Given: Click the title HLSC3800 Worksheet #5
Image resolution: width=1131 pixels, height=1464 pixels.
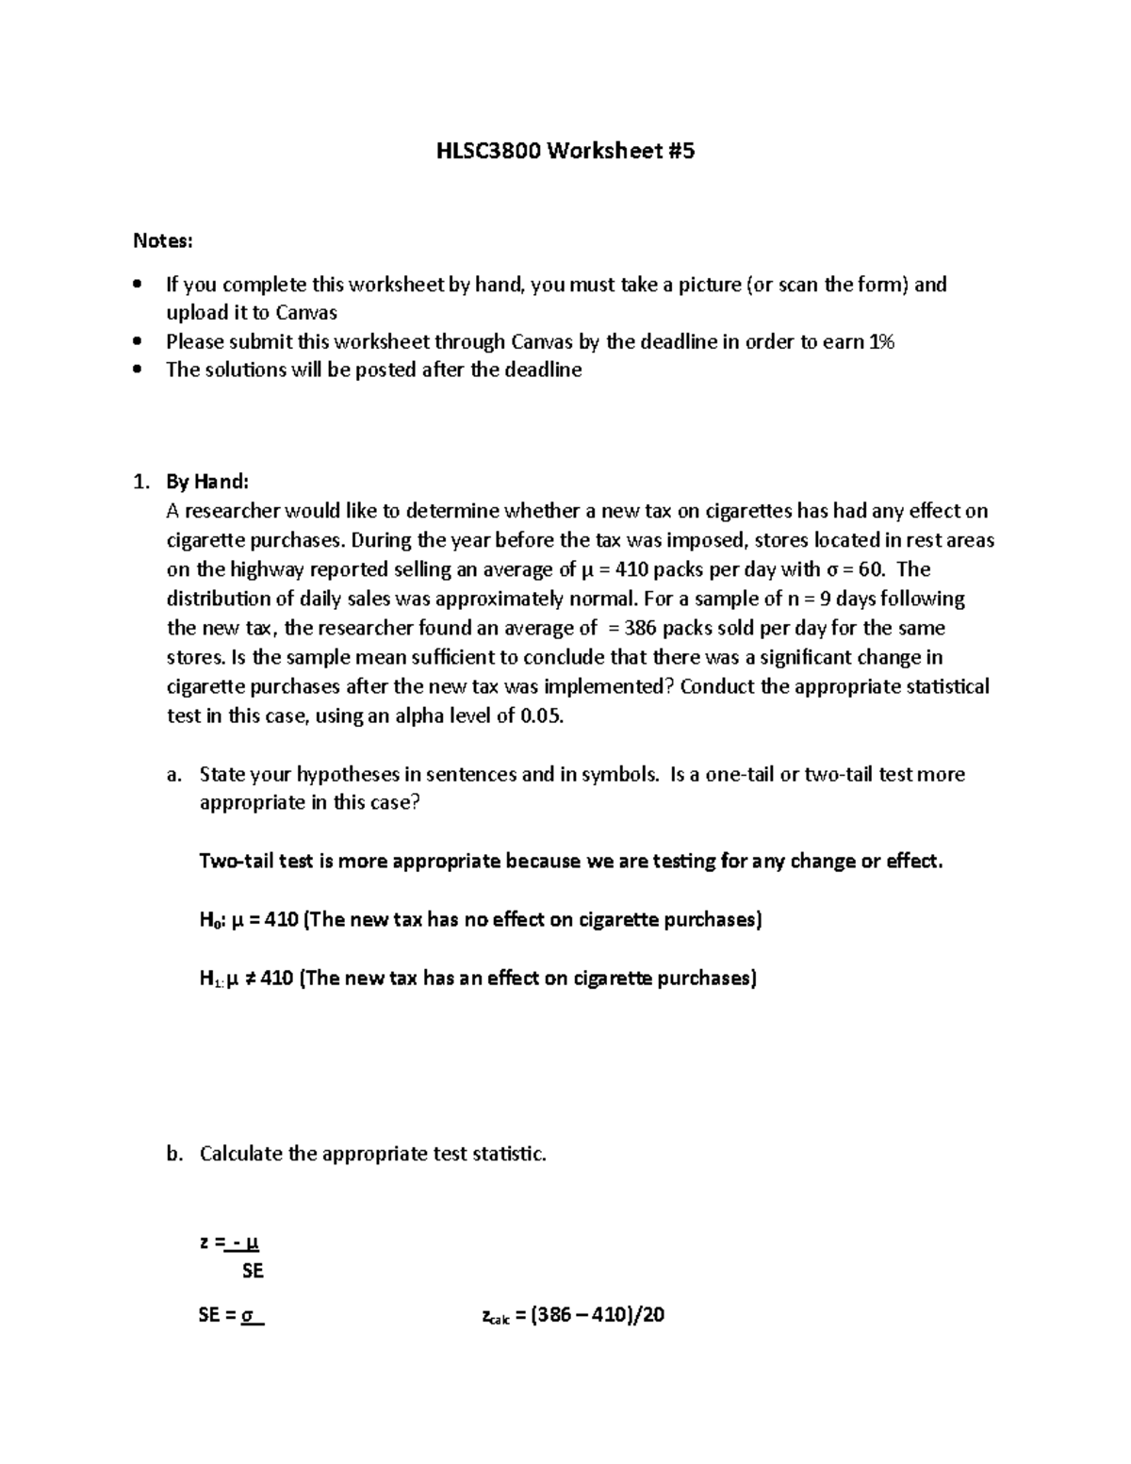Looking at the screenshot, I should pos(565,151).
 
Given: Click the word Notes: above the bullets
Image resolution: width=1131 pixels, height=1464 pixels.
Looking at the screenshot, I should pos(162,241).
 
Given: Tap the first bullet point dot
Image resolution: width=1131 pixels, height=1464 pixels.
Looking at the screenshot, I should pos(139,285).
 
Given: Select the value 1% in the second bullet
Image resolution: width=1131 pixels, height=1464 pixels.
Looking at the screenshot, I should pos(879,341).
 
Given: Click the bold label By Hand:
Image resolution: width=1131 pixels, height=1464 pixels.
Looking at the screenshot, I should pos(207,482).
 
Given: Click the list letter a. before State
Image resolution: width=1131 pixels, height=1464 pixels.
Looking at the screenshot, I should pos(172,775).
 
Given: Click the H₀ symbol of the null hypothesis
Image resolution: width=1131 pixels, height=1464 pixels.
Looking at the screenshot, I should pos(208,921).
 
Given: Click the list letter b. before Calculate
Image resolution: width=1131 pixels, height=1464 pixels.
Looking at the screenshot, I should pos(172,1154).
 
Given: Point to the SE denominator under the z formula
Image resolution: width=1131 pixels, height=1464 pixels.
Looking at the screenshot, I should pos(253,1271).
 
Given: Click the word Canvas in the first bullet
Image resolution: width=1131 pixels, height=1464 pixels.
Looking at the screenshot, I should pos(306,313).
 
